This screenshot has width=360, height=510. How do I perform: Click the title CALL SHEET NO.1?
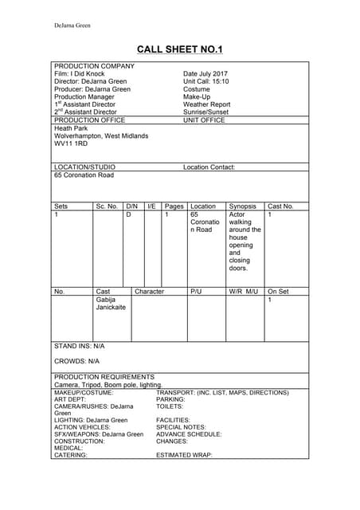pos(179,49)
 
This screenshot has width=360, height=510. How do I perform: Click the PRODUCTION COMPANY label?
pos(94,66)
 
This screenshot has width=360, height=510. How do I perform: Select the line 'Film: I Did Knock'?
pos(79,74)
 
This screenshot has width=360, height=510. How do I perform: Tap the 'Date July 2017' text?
pos(205,74)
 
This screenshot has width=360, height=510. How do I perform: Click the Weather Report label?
pos(206,104)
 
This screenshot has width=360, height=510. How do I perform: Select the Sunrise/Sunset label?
pos(205,112)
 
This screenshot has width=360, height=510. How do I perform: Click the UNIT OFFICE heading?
pos(204,120)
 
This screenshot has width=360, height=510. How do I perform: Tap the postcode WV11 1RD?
pos(71,144)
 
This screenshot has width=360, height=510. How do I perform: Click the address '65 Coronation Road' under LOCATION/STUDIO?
pos(84,175)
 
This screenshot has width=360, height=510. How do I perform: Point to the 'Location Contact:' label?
pos(209,167)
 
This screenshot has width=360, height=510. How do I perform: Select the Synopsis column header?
pos(242,206)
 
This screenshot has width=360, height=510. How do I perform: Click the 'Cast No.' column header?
pos(280,206)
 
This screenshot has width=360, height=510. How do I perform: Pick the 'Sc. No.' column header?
pos(107,206)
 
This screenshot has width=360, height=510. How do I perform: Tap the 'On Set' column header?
pos(278,292)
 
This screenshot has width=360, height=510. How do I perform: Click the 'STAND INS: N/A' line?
pos(79,347)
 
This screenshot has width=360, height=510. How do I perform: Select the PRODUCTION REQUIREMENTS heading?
pos(104,377)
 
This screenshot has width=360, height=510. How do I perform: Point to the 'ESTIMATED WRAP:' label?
pos(184,456)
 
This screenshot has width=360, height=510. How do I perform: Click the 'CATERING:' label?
pos(71,456)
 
